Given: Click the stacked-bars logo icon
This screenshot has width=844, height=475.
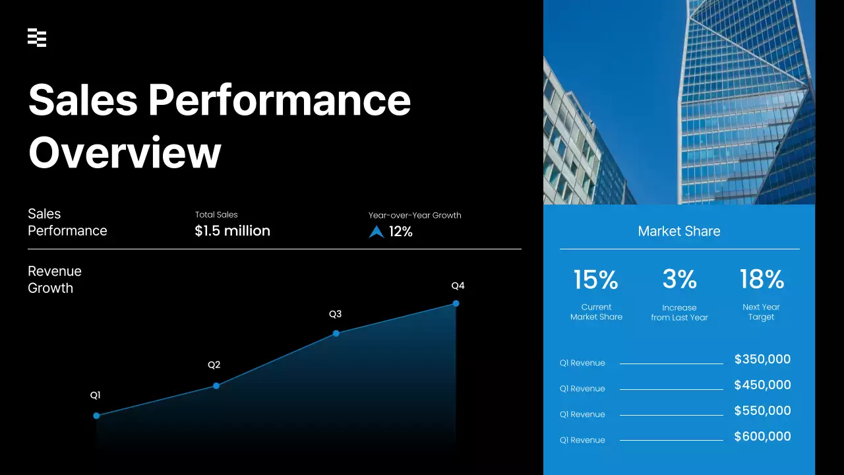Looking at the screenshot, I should (x=37, y=38).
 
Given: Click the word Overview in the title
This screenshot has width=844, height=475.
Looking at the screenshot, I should (x=124, y=152).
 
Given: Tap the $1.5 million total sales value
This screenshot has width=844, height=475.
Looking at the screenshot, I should (x=232, y=231).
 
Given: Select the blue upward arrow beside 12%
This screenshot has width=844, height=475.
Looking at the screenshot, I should (x=377, y=232).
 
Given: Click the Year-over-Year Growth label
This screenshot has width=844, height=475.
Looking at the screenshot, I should (x=414, y=215).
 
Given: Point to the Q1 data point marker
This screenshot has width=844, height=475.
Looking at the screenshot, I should (x=96, y=416).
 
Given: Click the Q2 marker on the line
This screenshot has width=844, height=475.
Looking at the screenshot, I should (x=216, y=385).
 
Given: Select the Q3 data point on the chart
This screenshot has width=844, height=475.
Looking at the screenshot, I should (x=336, y=333).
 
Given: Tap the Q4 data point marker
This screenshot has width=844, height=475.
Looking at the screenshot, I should (x=456, y=303).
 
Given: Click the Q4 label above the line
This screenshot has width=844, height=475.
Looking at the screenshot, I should (x=458, y=286).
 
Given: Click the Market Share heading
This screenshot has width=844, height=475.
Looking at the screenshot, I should (x=678, y=231).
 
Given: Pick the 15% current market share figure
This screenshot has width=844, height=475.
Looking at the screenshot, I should (x=595, y=280).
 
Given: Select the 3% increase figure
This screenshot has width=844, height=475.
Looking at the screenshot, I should (x=679, y=280).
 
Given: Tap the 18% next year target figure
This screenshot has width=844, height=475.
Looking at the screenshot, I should (x=762, y=280).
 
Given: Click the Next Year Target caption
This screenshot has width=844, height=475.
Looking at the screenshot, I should (x=761, y=312).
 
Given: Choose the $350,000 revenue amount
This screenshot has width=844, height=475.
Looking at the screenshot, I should (x=762, y=360).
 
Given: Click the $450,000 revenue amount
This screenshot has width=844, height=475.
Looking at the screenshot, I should (x=762, y=385).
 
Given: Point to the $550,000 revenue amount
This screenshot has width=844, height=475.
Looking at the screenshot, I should (x=762, y=411).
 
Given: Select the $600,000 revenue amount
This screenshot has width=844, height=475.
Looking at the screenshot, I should (x=762, y=437).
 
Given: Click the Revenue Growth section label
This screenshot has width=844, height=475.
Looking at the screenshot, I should (x=55, y=280).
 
